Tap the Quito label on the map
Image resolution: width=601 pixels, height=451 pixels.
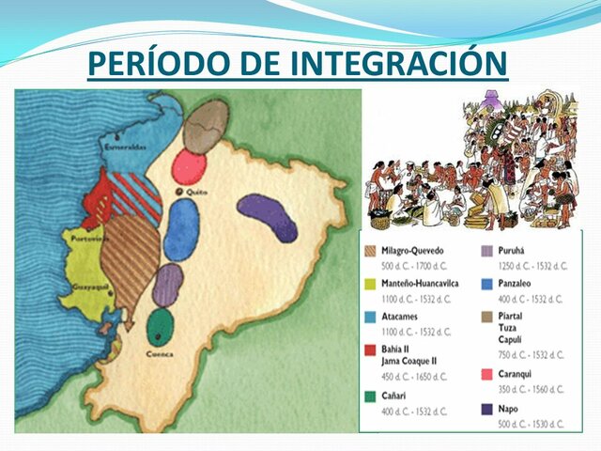196,192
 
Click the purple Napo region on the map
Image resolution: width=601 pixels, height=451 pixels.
268,217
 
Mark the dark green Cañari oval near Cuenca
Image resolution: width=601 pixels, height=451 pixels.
162,327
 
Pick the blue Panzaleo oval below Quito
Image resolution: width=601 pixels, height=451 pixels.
181,230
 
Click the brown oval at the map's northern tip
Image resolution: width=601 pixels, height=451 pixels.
205,126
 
